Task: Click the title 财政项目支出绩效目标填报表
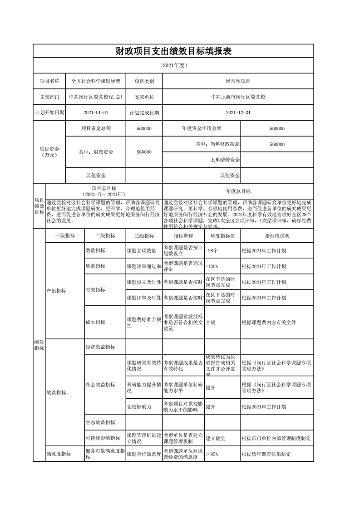click(x=173, y=51)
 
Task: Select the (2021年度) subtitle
click(x=173, y=65)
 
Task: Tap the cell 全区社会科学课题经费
click(x=96, y=81)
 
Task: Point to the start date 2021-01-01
click(x=96, y=113)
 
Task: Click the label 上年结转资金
click(x=225, y=160)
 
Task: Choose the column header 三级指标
click(x=144, y=236)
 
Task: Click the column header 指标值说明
click(x=276, y=236)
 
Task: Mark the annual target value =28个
click(x=212, y=250)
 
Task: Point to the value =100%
click(x=212, y=266)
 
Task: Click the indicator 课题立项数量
click(x=142, y=250)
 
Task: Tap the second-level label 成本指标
click(x=95, y=322)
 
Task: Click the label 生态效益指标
click(x=100, y=422)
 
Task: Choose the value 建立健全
click(x=216, y=439)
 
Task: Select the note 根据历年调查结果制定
click(x=266, y=454)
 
